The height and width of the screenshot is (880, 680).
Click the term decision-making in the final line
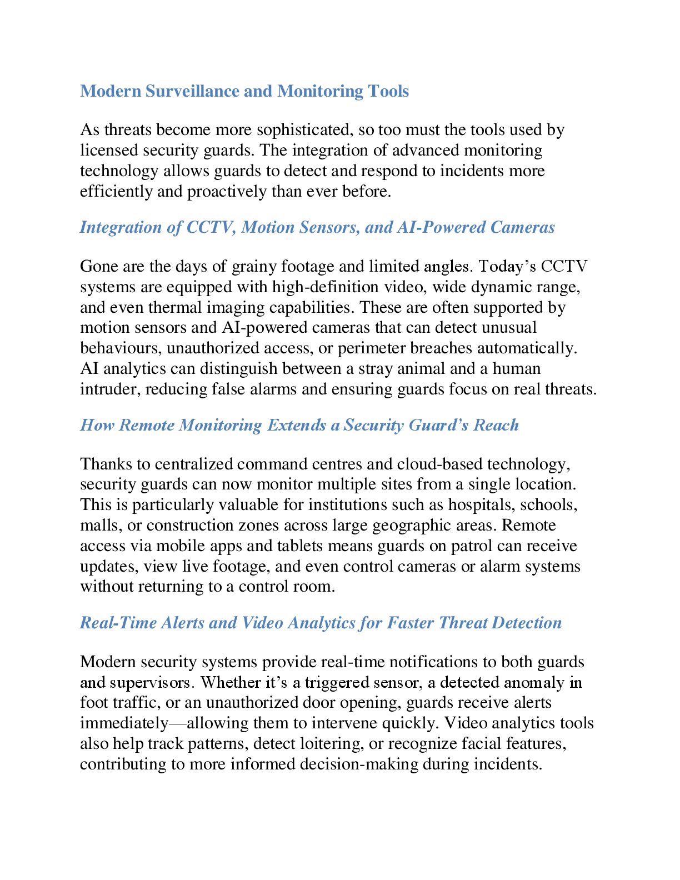(359, 764)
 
